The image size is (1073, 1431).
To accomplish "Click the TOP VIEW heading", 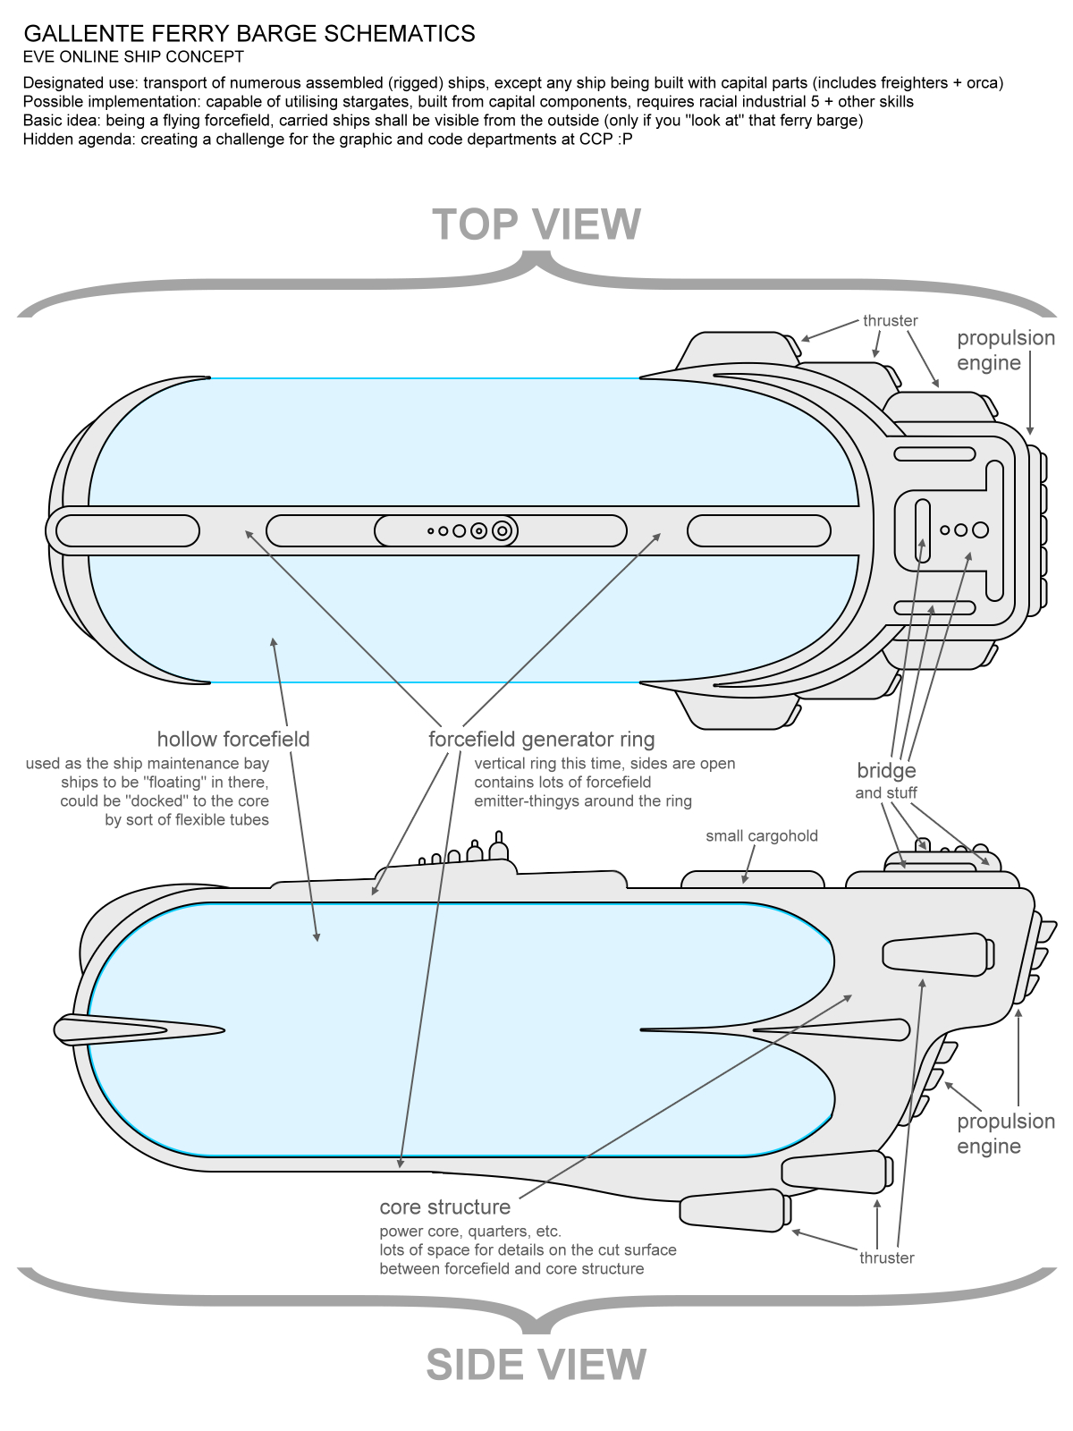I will pyautogui.click(x=536, y=224).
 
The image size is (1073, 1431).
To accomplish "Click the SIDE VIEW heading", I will pyautogui.click(x=536, y=1365).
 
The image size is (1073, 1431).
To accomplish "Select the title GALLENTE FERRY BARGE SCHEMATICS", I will pyautogui.click(x=249, y=34).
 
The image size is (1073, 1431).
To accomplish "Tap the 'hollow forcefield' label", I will pyautogui.click(x=233, y=739).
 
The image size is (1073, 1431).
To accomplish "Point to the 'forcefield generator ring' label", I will pyautogui.click(x=541, y=739).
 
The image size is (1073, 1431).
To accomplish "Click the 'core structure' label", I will pyautogui.click(x=444, y=1207).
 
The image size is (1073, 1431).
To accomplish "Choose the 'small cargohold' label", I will pyautogui.click(x=762, y=836).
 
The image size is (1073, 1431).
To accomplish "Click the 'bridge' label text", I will pyautogui.click(x=886, y=771).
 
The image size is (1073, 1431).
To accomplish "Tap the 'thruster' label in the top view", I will pyautogui.click(x=891, y=320).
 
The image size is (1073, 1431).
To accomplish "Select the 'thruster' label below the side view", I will pyautogui.click(x=887, y=1258).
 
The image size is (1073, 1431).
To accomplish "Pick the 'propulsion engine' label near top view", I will pyautogui.click(x=1006, y=351).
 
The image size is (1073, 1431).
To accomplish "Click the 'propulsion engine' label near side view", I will pyautogui.click(x=1006, y=1134).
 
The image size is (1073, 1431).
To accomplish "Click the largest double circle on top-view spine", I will pyautogui.click(x=503, y=530).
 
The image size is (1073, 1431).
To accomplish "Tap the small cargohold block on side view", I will pyautogui.click(x=753, y=879).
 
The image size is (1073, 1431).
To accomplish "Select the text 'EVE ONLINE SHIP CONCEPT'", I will pyautogui.click(x=133, y=57).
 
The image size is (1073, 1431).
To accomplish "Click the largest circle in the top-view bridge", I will pyautogui.click(x=980, y=530).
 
